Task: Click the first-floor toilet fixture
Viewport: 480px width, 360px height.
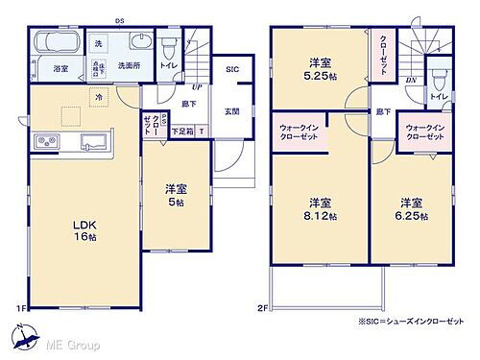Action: pyautogui.click(x=170, y=49)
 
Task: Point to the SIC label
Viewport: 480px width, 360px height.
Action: pyautogui.click(x=232, y=70)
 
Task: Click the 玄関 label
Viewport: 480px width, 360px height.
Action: pyautogui.click(x=232, y=110)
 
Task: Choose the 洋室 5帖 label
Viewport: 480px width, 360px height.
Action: pyautogui.click(x=176, y=193)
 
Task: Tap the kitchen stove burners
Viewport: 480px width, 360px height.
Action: pyautogui.click(x=47, y=143)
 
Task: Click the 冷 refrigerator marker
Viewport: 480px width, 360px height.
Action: pyautogui.click(x=99, y=97)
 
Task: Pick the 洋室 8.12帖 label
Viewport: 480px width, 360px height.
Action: pyautogui.click(x=320, y=208)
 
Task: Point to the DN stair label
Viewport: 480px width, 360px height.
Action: pyautogui.click(x=410, y=81)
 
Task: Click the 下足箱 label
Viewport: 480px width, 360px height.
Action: pyautogui.click(x=181, y=130)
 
